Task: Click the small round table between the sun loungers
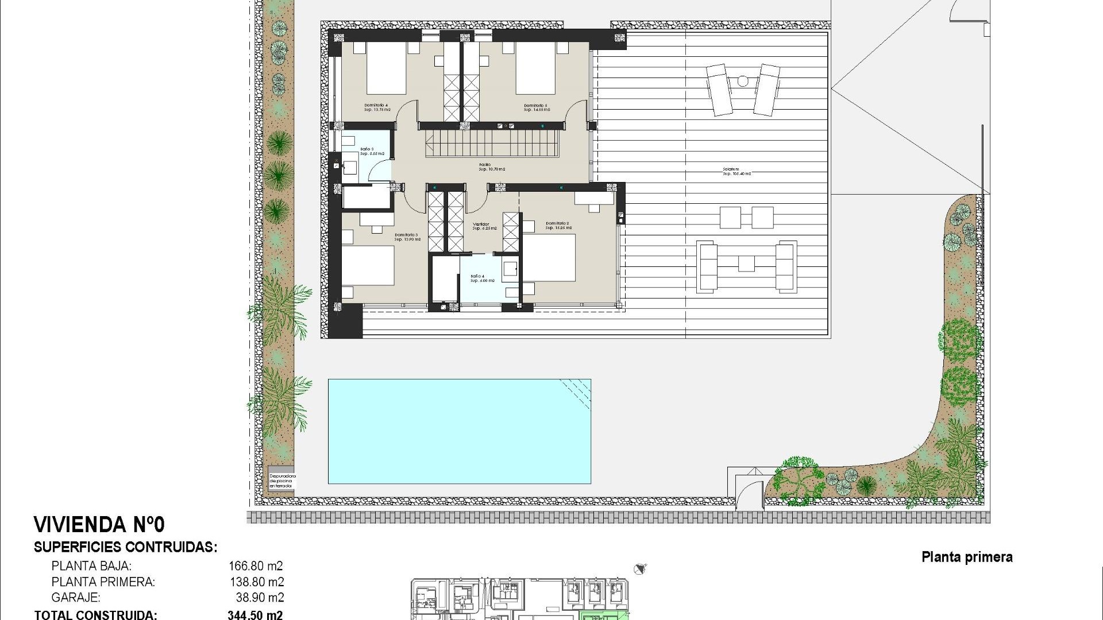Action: point(743,82)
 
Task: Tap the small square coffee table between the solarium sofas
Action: point(746,263)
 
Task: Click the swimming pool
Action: point(459,431)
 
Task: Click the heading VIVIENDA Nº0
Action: point(99,524)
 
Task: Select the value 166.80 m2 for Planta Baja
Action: point(256,566)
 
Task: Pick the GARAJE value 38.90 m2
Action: point(260,598)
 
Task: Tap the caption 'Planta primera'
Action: point(967,557)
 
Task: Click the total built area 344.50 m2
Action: point(255,615)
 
